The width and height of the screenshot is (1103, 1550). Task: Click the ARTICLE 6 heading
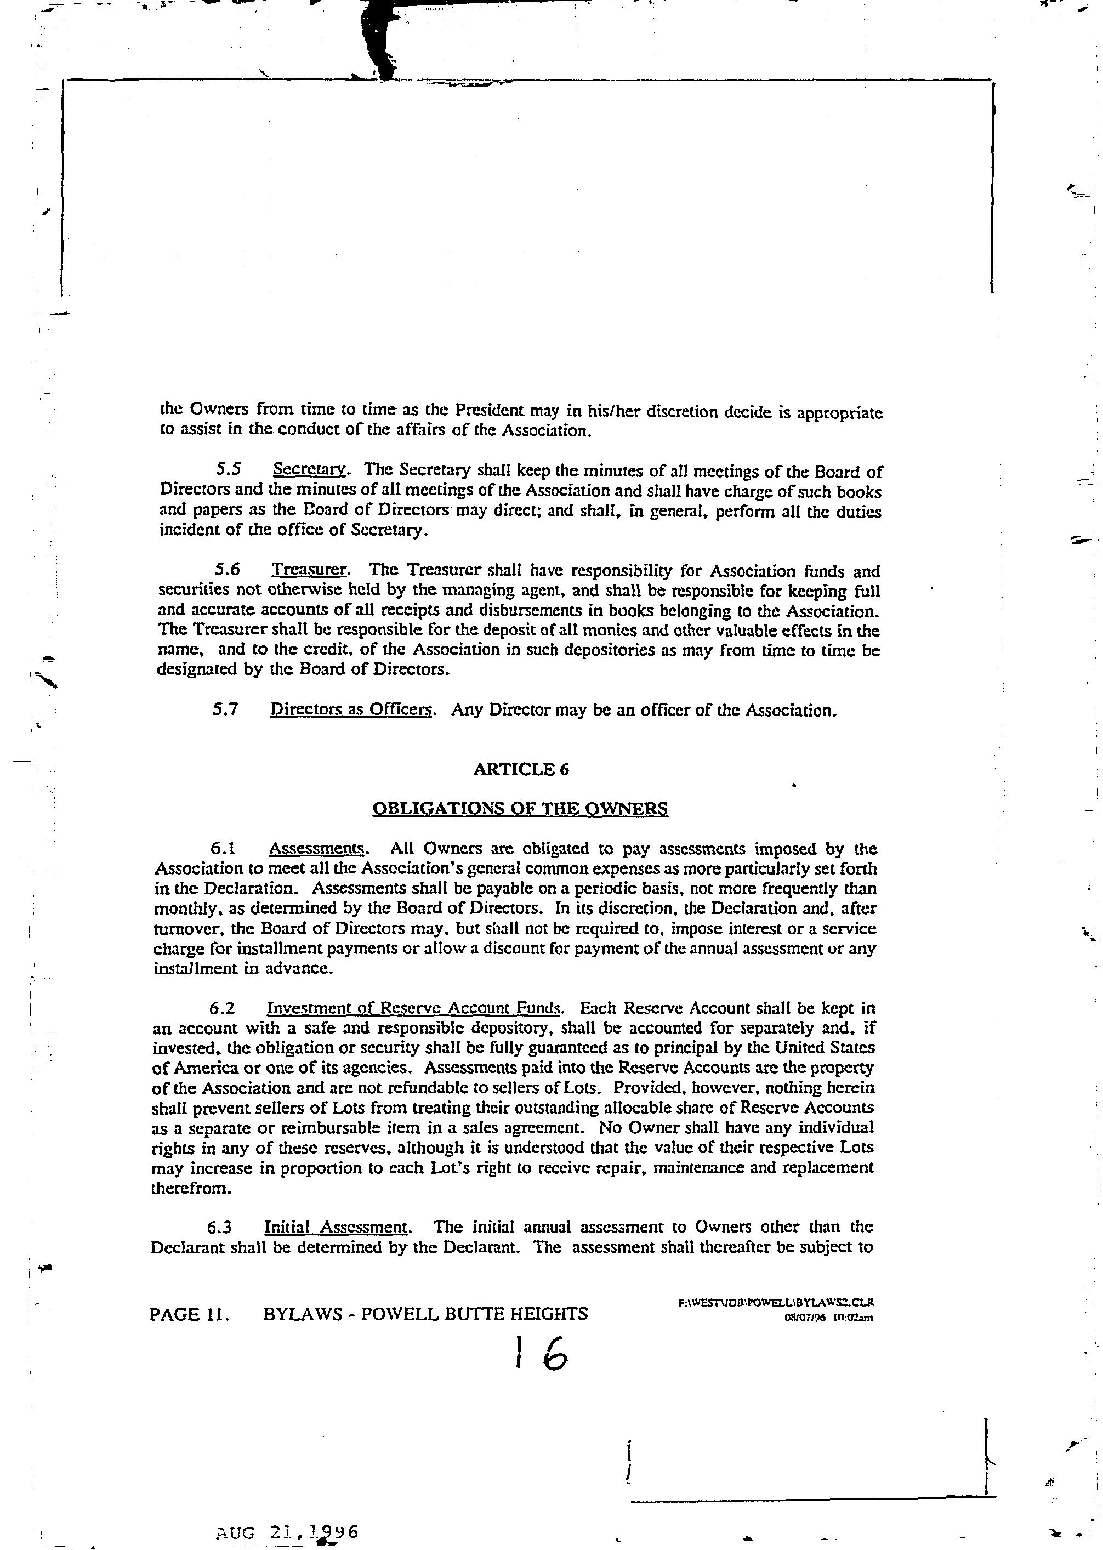coord(521,769)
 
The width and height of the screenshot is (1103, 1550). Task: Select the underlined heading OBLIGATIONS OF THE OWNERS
coord(520,808)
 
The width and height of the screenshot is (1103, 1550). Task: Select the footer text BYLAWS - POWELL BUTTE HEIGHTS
coord(425,1314)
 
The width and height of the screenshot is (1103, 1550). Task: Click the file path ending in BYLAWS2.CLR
coord(776,1302)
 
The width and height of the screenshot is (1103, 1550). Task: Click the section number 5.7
coord(225,710)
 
